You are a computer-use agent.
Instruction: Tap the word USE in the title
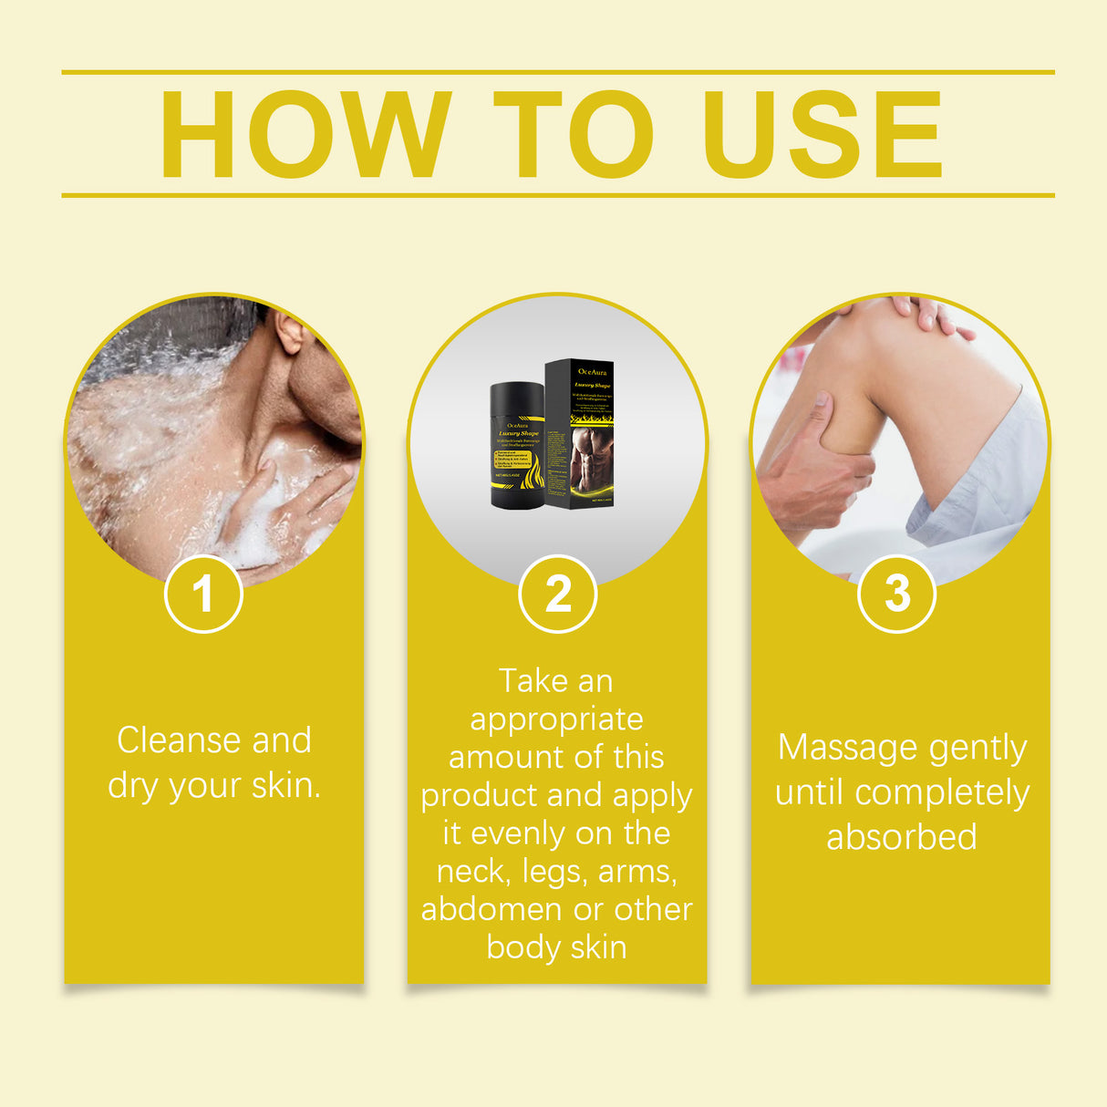point(822,135)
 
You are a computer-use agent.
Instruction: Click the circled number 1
point(203,594)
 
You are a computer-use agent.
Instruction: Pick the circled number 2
point(557,594)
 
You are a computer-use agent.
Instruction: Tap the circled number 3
point(897,594)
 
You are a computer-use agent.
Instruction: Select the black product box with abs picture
point(579,434)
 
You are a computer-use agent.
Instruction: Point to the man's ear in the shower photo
point(290,333)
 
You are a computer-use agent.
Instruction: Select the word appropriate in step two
point(556,719)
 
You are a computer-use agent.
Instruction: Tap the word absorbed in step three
point(901,836)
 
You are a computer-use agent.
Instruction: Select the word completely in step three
point(942,792)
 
